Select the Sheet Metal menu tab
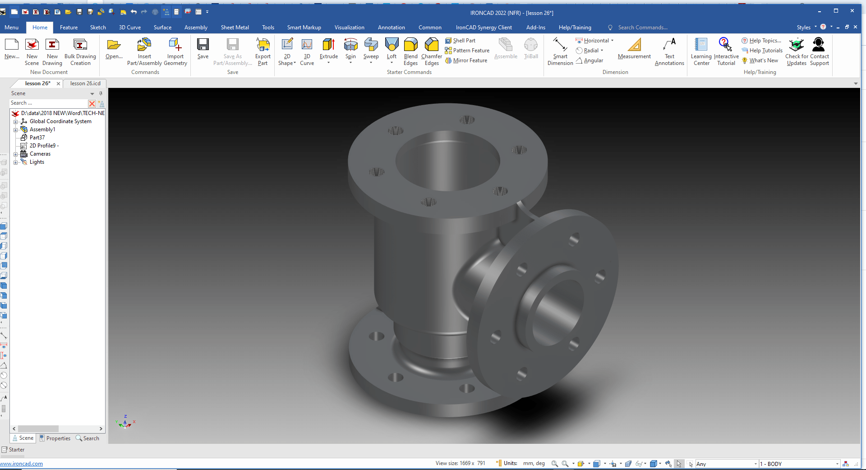235,28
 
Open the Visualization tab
349,28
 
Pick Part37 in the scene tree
37,138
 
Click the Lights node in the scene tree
37,162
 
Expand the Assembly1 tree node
15,130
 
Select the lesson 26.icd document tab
85,83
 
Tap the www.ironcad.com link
22,464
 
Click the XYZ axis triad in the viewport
125,423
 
